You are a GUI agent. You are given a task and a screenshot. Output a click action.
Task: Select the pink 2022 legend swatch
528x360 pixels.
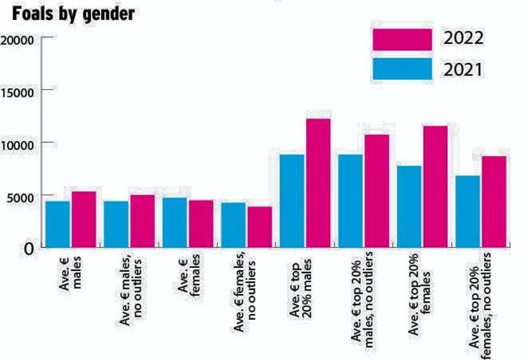[402, 39]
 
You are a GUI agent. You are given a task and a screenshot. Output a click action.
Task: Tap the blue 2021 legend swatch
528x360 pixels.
[402, 69]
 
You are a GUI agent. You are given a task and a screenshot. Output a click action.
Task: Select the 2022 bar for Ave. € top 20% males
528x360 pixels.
[318, 183]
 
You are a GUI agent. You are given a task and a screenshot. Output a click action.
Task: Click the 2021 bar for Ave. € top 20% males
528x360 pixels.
[292, 200]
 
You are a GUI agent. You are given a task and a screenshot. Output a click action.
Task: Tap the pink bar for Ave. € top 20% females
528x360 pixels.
[435, 186]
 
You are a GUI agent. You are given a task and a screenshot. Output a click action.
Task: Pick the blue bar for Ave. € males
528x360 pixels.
[57, 224]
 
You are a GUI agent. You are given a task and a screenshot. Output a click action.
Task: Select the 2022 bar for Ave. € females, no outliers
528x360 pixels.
[259, 226]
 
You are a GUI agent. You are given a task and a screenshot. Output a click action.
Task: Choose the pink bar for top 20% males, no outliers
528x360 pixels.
[377, 190]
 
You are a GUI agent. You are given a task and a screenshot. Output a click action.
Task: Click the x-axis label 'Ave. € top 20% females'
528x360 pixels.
[420, 293]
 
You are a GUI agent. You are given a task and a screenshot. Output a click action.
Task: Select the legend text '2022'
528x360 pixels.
[463, 39]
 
